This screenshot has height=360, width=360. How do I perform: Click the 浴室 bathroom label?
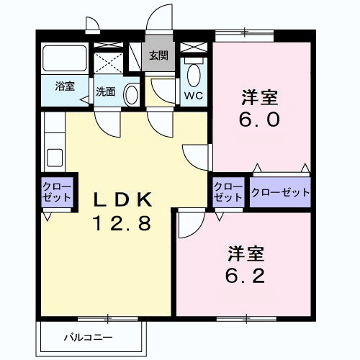coord(65,86)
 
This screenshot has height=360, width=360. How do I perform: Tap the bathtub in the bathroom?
coord(66,58)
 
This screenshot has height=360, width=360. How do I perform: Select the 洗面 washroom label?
coord(106,91)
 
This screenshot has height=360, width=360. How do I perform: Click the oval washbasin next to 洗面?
coord(131,94)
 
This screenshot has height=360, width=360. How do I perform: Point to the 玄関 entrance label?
coord(158,55)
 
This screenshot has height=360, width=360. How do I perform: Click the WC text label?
coord(192,96)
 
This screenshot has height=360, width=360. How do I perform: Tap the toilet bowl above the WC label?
coord(193,73)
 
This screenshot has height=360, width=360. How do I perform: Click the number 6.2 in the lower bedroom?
coord(246,276)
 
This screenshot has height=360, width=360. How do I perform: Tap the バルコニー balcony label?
coord(88,336)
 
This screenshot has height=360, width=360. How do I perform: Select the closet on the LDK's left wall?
coord(56,192)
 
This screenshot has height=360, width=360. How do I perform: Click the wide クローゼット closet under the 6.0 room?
coord(280,192)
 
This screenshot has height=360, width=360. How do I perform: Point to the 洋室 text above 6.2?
coord(246,253)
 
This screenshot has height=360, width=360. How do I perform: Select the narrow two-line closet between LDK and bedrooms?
coord(228,192)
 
